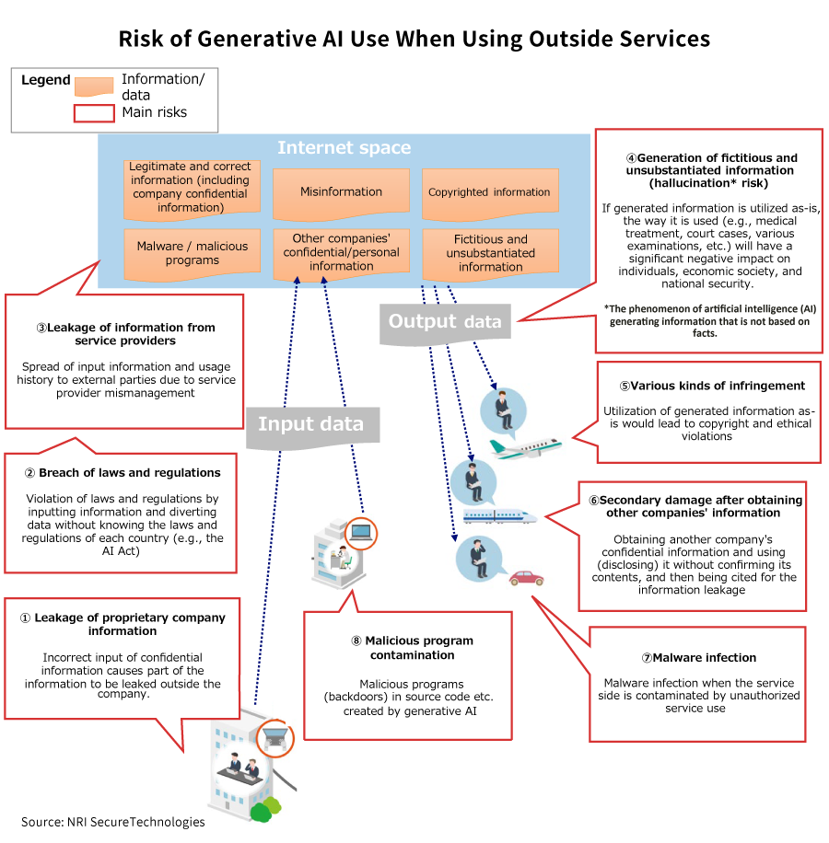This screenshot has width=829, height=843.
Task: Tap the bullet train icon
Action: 505,516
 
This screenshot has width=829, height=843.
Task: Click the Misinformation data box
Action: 341,192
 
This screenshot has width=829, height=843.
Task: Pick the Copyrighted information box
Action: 489,192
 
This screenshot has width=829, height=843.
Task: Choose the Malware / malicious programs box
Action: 192,253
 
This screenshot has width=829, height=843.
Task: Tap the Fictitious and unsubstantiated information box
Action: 490,253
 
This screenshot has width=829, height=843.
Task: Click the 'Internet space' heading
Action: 344,147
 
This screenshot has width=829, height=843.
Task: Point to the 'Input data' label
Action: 310,424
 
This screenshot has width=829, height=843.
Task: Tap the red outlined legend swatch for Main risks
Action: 93,113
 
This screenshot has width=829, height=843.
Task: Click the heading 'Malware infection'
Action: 699,658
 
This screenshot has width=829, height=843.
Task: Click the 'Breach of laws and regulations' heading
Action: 123,473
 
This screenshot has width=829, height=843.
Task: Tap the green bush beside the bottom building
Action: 266,809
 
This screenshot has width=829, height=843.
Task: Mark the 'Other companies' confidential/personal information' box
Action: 341,253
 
